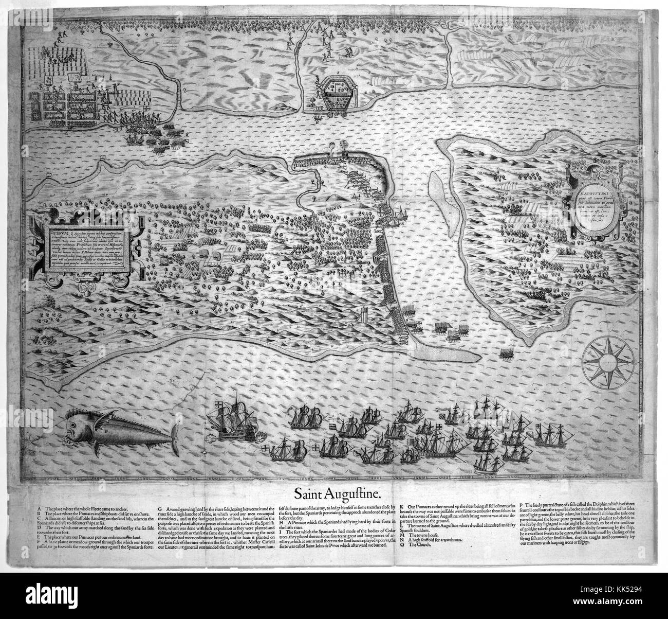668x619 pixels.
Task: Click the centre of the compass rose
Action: (608, 359)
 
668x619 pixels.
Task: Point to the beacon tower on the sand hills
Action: (364, 314)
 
